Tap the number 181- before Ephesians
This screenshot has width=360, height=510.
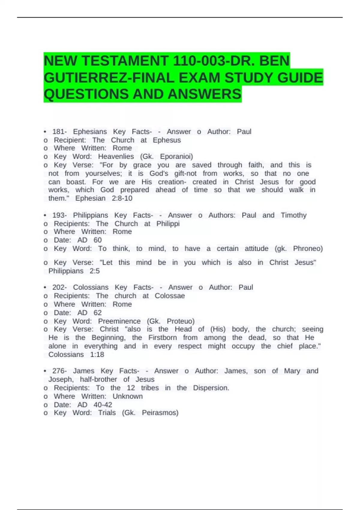coord(59,132)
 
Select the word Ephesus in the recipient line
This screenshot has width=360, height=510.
coord(167,140)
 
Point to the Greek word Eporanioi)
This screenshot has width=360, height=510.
coord(176,157)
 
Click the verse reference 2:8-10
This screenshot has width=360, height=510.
coord(122,198)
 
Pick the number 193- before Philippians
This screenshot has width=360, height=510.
coord(59,215)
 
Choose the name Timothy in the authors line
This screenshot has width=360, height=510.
coord(293,215)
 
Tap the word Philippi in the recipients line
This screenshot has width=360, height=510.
coord(168,224)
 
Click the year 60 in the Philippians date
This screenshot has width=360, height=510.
coord(97,240)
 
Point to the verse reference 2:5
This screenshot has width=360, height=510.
coord(94,271)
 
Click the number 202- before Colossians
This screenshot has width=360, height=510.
coord(59,287)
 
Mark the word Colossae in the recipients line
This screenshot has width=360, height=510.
coord(169,296)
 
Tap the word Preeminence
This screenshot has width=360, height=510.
coord(119,321)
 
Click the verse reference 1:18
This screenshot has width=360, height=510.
coord(97,355)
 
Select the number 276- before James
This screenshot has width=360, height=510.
coord(59,371)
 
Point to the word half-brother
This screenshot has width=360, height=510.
coord(98,379)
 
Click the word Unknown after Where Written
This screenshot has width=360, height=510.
coord(127,396)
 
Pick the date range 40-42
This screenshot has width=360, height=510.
coord(103,405)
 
